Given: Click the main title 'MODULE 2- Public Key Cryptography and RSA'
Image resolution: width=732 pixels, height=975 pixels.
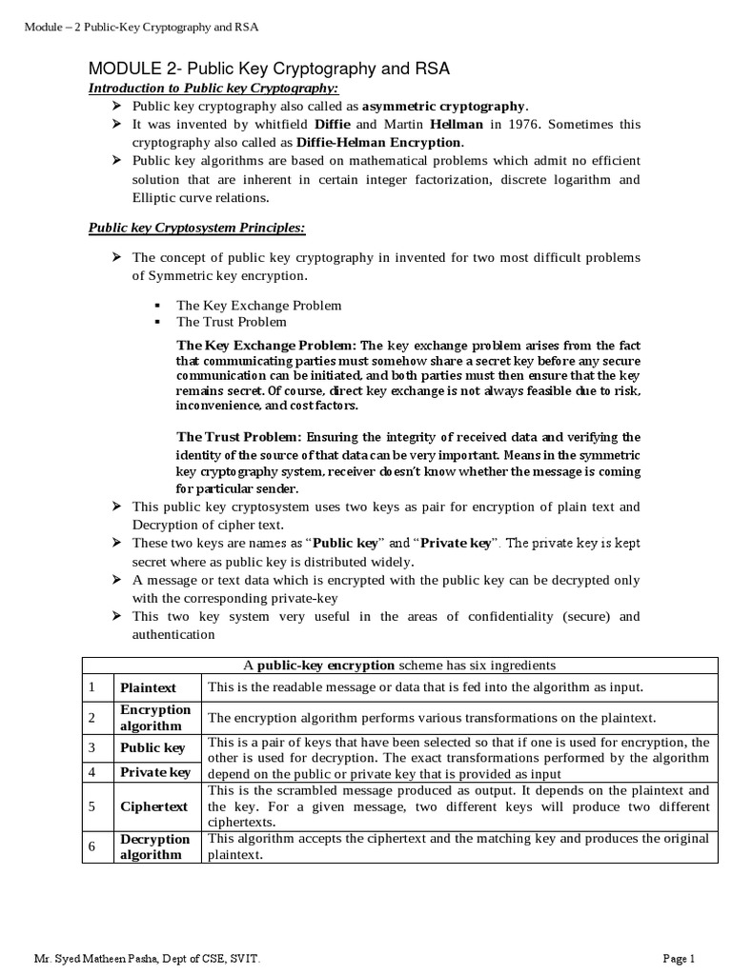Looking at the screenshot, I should [269, 70].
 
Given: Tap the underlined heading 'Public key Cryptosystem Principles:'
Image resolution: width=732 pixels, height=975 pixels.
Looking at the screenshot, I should [196, 229].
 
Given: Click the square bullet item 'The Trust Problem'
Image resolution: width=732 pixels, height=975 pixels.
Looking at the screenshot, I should [232, 322].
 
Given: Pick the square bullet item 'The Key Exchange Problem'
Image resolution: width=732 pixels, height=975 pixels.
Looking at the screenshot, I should [258, 305].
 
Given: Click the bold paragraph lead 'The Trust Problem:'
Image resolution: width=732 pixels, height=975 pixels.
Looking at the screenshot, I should [239, 437].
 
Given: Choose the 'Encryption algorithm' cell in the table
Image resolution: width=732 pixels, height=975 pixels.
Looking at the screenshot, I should [155, 718].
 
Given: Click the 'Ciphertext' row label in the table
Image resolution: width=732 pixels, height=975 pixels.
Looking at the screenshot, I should [153, 806].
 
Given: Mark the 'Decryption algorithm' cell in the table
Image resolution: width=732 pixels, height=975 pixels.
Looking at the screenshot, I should [155, 846].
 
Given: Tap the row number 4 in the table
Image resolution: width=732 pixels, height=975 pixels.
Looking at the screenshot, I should [92, 772].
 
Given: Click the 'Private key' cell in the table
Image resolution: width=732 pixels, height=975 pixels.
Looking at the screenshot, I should [154, 772].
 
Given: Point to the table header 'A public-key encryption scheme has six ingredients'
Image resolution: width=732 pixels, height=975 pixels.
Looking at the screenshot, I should [398, 665].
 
